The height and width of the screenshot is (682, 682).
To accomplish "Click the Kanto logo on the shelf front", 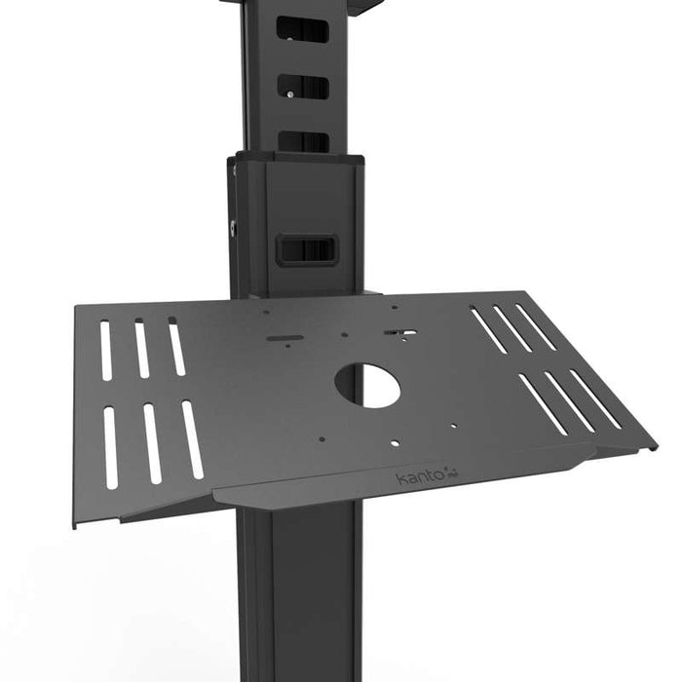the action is click(422, 476).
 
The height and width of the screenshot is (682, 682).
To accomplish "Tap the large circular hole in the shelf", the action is click(367, 386).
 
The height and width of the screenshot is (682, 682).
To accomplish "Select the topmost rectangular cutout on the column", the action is click(303, 31).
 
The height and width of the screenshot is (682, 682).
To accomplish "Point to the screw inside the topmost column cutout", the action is click(289, 40).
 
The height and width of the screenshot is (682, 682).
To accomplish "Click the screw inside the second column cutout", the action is click(289, 94).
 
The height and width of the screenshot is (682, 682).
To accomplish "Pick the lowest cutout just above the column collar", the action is click(304, 142).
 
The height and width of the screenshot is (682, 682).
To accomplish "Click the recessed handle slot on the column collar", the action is click(305, 248).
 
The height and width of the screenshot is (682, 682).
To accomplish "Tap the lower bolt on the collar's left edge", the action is click(234, 227).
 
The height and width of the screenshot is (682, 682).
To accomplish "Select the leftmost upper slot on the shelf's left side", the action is click(105, 351).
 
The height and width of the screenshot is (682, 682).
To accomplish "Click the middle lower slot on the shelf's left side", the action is click(152, 443).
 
